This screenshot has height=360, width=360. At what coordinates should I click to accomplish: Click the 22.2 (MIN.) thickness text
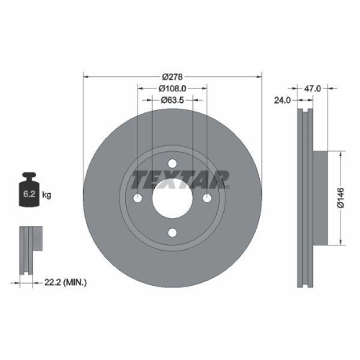coord(64,284)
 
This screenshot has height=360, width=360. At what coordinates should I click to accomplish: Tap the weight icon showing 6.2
coord(30,192)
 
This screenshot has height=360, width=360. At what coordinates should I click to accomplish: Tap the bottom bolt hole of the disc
coord(173,232)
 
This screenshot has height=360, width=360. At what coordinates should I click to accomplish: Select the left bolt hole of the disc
coord(138,198)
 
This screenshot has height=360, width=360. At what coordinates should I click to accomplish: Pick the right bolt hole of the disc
coord(207,198)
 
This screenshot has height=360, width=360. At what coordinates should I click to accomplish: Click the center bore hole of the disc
coord(173,198)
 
